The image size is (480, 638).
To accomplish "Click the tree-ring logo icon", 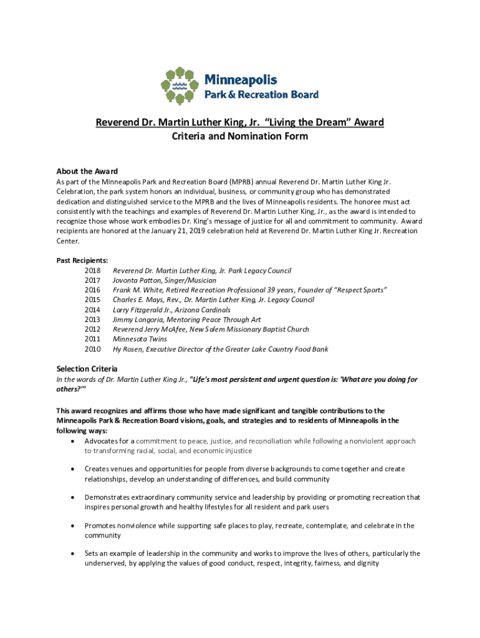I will (x=180, y=85).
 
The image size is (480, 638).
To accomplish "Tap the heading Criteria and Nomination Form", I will (x=240, y=136).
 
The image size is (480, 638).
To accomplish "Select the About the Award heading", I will (x=87, y=171).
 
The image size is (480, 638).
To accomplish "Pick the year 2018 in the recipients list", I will (x=92, y=271).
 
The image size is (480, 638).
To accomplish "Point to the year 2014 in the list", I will (x=92, y=310).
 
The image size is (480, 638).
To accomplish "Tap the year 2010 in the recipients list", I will (x=92, y=349).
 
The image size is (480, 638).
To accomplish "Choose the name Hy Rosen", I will (x=128, y=349).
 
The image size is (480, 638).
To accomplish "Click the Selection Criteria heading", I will (x=87, y=369).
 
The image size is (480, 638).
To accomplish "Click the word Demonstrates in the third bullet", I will (x=107, y=497).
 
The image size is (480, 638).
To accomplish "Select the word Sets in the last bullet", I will (x=92, y=553).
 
